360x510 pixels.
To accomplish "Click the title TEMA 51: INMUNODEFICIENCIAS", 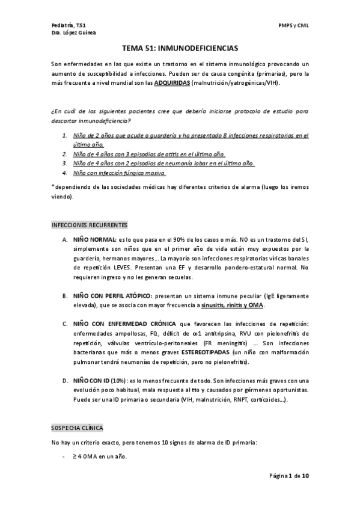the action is [180, 47].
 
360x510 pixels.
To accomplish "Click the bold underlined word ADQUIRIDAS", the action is [171, 82].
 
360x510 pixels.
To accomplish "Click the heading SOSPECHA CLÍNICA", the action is [78, 428].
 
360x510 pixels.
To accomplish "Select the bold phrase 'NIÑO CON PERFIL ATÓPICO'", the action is [112, 296].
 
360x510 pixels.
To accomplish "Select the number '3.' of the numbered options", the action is [65, 163].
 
